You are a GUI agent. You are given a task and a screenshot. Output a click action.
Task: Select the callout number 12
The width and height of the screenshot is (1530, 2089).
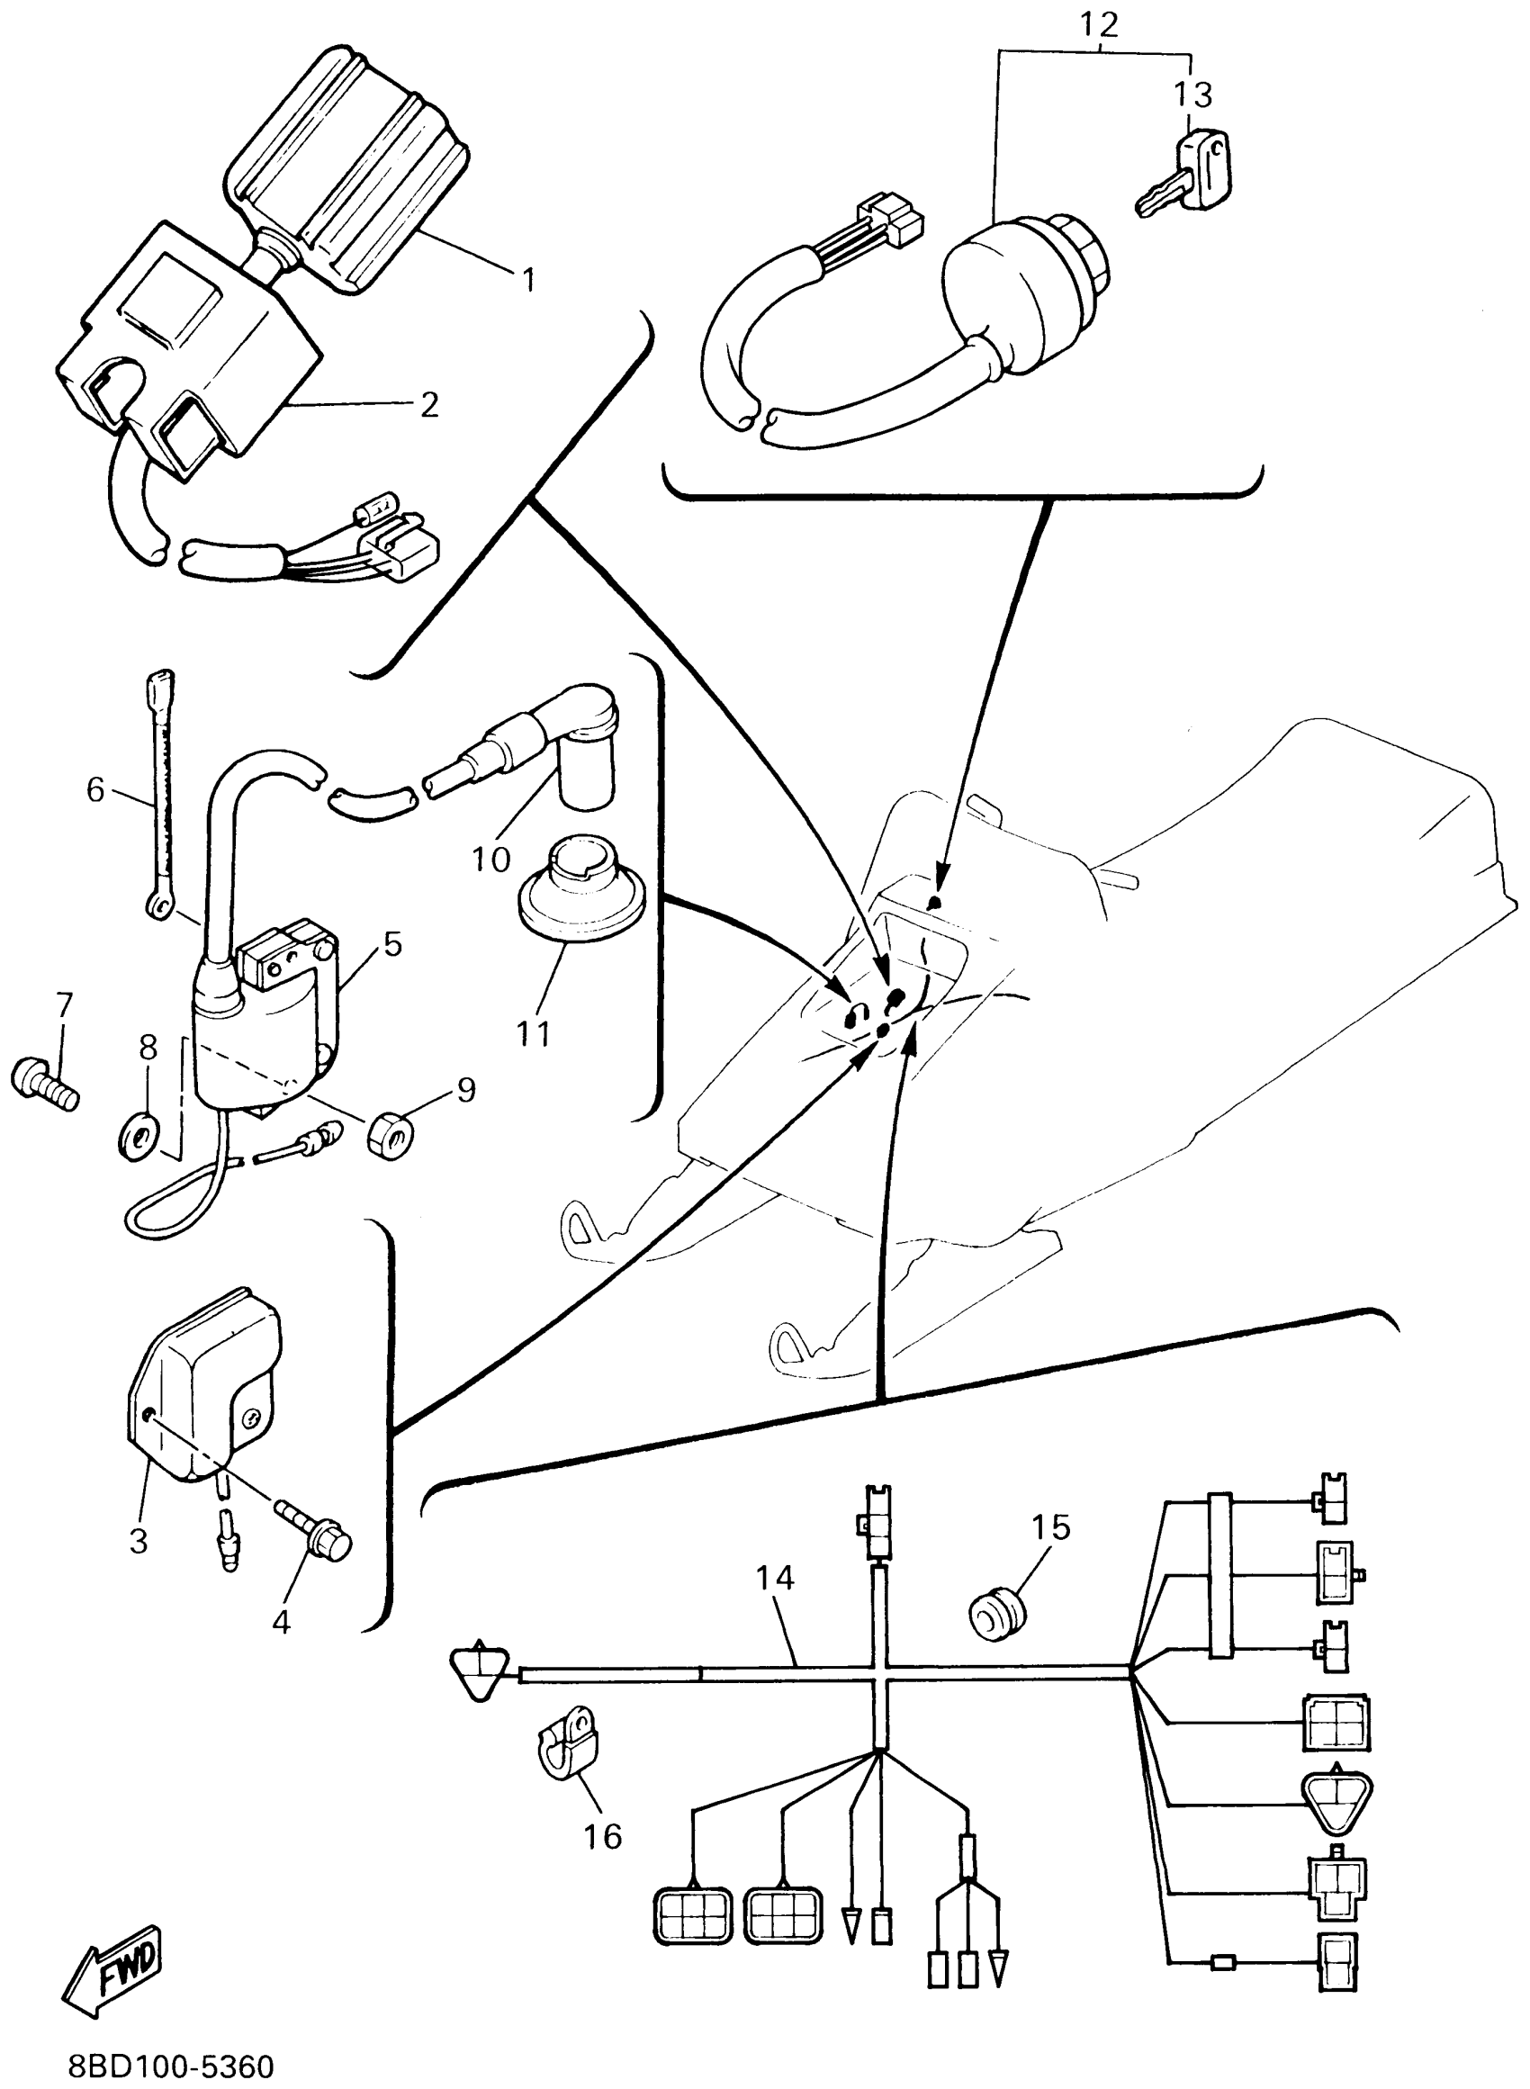click(1098, 25)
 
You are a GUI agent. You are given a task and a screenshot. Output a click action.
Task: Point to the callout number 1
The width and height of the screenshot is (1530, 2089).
click(528, 279)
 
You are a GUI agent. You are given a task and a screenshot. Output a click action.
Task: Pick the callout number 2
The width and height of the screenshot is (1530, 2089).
click(427, 404)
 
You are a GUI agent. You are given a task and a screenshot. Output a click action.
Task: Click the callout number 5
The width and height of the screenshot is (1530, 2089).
click(392, 944)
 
